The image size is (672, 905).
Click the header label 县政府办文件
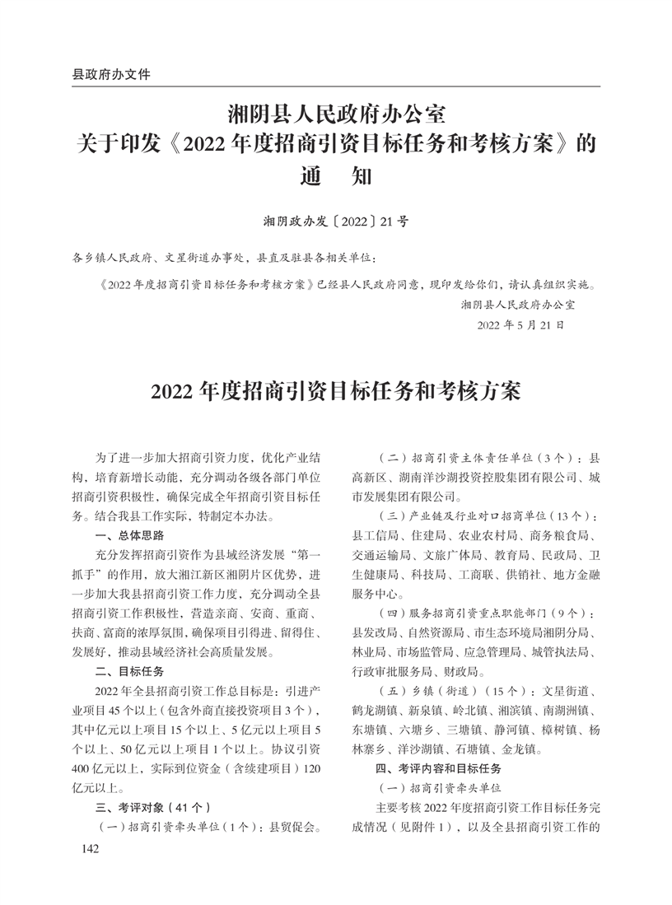tap(112, 73)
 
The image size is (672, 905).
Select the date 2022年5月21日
tap(520, 324)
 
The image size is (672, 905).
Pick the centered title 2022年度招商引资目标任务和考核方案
tap(335, 390)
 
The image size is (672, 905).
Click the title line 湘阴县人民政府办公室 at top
tap(336, 110)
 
